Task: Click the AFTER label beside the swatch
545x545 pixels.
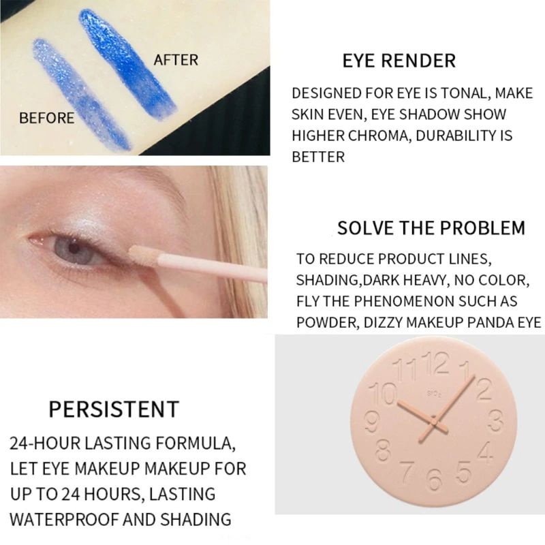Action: pyautogui.click(x=176, y=60)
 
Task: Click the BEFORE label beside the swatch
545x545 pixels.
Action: pyautogui.click(x=46, y=118)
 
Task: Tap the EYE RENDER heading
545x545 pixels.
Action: pyautogui.click(x=399, y=61)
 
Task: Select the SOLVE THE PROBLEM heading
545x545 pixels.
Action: pyautogui.click(x=431, y=228)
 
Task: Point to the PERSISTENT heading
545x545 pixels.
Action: pyautogui.click(x=114, y=409)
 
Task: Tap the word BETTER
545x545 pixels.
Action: pyautogui.click(x=318, y=157)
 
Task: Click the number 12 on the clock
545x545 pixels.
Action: pyautogui.click(x=437, y=363)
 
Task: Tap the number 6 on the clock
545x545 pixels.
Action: pyautogui.click(x=434, y=479)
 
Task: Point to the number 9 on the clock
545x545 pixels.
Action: pyautogui.click(x=372, y=422)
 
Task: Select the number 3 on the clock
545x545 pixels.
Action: pyautogui.click(x=495, y=422)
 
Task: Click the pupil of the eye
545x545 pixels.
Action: pyautogui.click(x=74, y=247)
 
